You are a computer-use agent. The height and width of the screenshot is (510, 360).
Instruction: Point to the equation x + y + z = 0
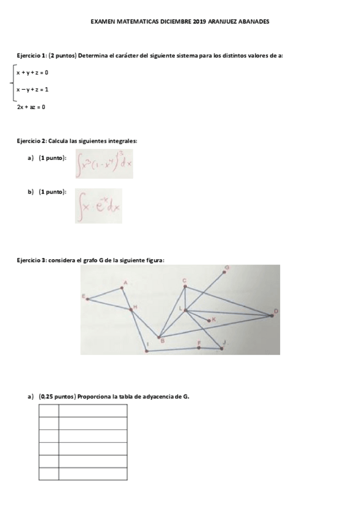32,73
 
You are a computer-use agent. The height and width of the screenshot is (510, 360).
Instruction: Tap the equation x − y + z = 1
32,90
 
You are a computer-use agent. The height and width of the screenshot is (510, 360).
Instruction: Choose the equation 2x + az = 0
31,107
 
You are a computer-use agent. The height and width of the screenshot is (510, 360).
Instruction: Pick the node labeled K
209,320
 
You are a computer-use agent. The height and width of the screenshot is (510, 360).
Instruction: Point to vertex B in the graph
159,337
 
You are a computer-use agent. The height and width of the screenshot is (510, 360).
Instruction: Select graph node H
132,309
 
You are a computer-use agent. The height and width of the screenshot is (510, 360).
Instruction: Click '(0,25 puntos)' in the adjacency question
58,396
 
